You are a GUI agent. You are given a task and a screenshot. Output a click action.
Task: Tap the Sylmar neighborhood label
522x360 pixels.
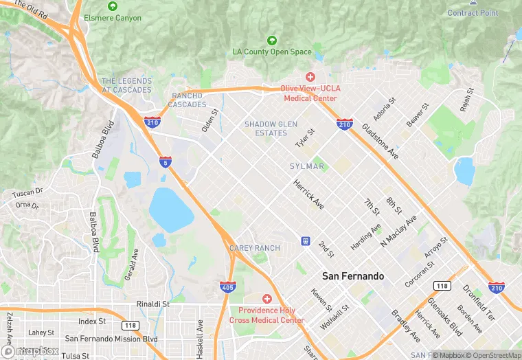(306, 166)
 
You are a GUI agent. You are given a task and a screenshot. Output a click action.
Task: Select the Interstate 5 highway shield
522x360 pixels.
(164, 162)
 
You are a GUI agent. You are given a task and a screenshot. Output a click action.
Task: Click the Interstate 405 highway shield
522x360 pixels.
(228, 286)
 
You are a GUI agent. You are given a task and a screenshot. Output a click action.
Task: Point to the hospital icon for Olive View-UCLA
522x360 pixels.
(310, 76)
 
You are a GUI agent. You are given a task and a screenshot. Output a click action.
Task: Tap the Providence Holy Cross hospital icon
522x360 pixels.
(266, 299)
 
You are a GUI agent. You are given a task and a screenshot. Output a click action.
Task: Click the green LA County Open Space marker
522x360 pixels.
(272, 40)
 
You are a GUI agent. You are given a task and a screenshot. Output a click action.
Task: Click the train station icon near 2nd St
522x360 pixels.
(304, 240)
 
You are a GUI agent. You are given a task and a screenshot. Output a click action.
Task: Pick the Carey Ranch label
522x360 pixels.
(255, 248)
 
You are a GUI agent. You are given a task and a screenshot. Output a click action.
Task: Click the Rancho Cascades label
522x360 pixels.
(188, 100)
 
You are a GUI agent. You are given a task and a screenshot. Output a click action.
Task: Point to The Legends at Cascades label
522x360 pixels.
(126, 86)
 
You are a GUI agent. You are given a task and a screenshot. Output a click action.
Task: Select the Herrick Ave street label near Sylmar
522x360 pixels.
(308, 194)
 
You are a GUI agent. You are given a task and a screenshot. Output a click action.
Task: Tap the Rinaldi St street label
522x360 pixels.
(153, 303)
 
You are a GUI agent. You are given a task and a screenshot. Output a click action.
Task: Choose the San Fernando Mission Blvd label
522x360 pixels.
(111, 339)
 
